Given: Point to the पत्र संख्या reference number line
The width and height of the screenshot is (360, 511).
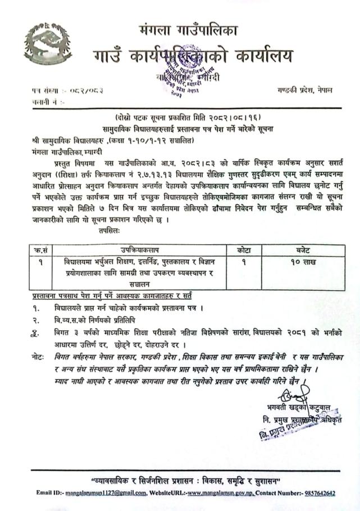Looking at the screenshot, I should (x=59, y=90).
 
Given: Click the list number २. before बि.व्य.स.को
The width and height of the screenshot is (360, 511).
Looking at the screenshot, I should (x=37, y=320).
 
